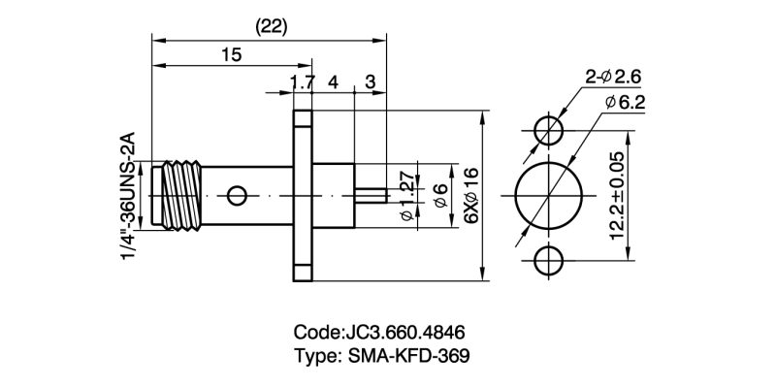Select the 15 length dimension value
(231, 55)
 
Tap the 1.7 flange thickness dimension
(303, 82)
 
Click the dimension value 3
(370, 82)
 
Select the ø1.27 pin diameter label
(406, 197)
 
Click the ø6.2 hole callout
(624, 101)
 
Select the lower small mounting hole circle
(548, 262)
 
